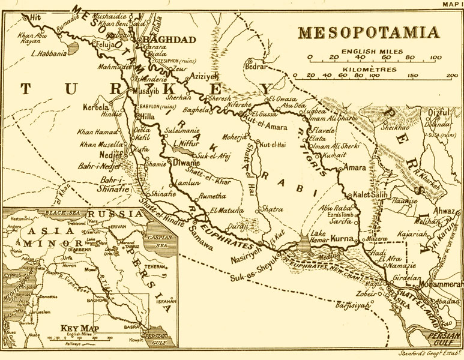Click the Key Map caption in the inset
point(78,329)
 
